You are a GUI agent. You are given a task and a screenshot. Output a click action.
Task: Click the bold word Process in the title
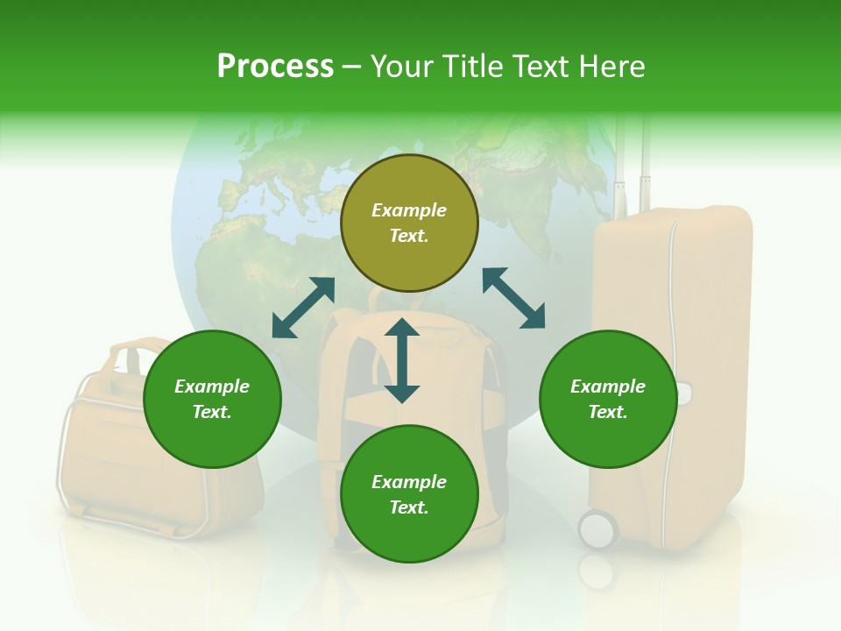click(275, 67)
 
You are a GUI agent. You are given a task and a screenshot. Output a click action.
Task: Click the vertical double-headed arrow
click(402, 361)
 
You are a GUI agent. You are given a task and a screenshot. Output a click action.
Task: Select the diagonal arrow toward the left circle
click(303, 308)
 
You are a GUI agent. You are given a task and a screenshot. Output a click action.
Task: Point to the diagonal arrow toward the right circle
click(513, 298)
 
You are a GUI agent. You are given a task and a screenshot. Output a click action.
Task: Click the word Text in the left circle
click(212, 412)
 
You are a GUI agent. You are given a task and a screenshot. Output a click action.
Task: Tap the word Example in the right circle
click(608, 386)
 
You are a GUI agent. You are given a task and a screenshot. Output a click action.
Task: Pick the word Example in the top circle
click(409, 210)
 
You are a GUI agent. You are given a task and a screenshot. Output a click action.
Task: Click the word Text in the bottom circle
click(409, 507)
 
